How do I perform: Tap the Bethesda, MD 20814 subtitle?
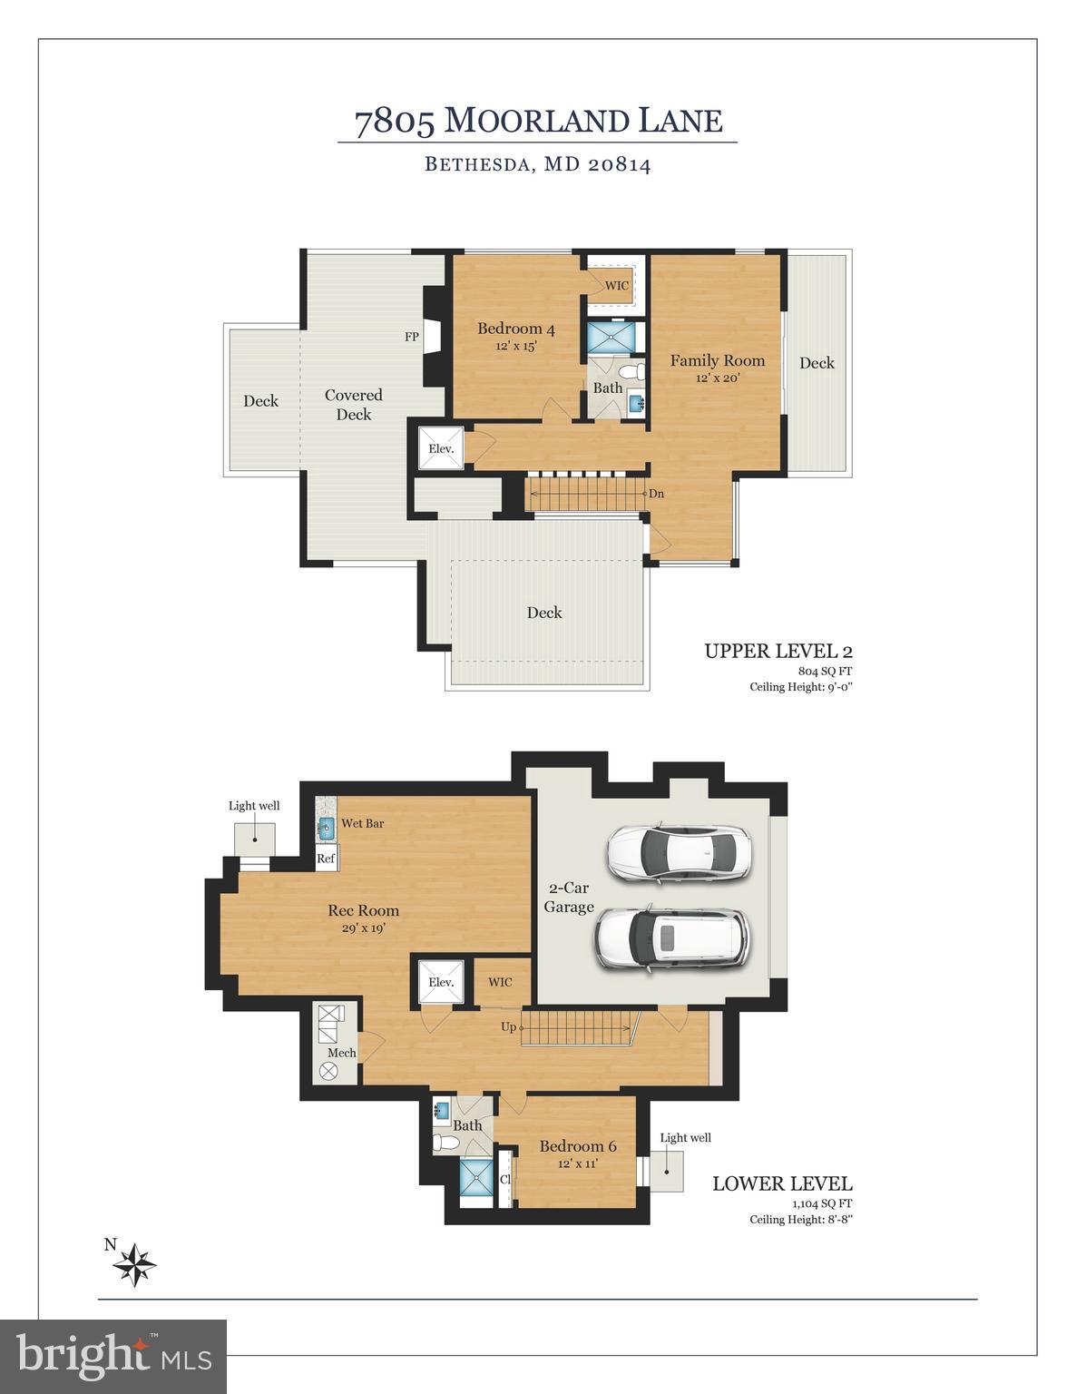(537, 164)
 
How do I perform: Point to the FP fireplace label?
(412, 337)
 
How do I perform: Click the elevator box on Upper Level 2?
(441, 448)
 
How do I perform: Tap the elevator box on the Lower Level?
(441, 982)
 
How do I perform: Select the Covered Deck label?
(354, 405)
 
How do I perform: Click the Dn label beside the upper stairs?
(656, 494)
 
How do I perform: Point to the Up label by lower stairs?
(509, 1027)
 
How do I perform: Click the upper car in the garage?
(679, 853)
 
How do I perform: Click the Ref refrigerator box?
(326, 859)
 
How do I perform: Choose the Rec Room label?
(363, 918)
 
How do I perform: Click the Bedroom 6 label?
(571, 1153)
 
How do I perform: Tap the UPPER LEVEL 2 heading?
(778, 651)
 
